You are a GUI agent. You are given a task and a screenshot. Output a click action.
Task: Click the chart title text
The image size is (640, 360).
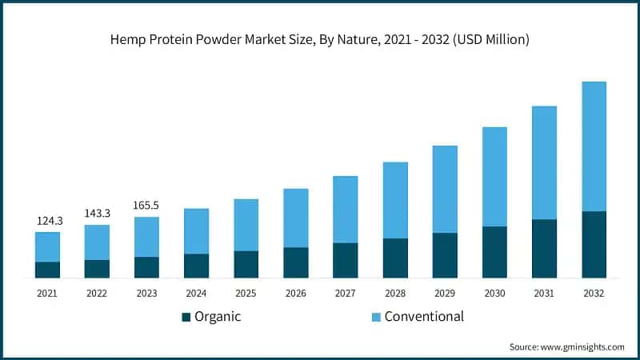(x=320, y=38)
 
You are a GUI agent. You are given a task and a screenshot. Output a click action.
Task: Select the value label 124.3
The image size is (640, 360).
(x=47, y=220)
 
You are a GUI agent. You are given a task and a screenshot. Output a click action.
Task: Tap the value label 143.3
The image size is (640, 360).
(x=97, y=213)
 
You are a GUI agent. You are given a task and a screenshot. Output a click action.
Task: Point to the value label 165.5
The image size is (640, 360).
(x=146, y=206)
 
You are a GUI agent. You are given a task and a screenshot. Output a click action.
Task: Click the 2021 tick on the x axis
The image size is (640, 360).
(x=47, y=294)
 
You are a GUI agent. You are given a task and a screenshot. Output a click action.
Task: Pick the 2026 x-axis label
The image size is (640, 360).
(x=295, y=294)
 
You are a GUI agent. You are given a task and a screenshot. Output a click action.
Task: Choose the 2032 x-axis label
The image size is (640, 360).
(x=593, y=294)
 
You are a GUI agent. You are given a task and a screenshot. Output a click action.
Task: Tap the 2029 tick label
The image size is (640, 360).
(x=444, y=294)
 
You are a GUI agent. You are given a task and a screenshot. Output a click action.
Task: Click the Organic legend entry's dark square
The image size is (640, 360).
(x=186, y=317)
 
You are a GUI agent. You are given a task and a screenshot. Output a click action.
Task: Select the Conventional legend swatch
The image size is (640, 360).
(x=374, y=317)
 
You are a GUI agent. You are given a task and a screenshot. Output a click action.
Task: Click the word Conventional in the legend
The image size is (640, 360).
(x=424, y=317)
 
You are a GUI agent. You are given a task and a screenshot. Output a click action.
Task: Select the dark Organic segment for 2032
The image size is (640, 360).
(x=593, y=245)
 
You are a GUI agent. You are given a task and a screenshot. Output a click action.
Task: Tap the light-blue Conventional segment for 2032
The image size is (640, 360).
(x=593, y=146)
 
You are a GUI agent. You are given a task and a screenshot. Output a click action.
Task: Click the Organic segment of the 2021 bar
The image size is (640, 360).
(x=47, y=270)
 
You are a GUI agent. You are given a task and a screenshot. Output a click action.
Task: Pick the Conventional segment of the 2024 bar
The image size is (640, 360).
(x=196, y=231)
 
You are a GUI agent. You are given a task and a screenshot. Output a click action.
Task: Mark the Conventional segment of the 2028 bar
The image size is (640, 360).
(x=394, y=200)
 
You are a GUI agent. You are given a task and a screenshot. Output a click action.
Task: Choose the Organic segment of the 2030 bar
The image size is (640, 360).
(x=494, y=252)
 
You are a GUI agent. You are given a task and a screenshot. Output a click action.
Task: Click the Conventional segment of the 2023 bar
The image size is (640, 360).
(x=146, y=237)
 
